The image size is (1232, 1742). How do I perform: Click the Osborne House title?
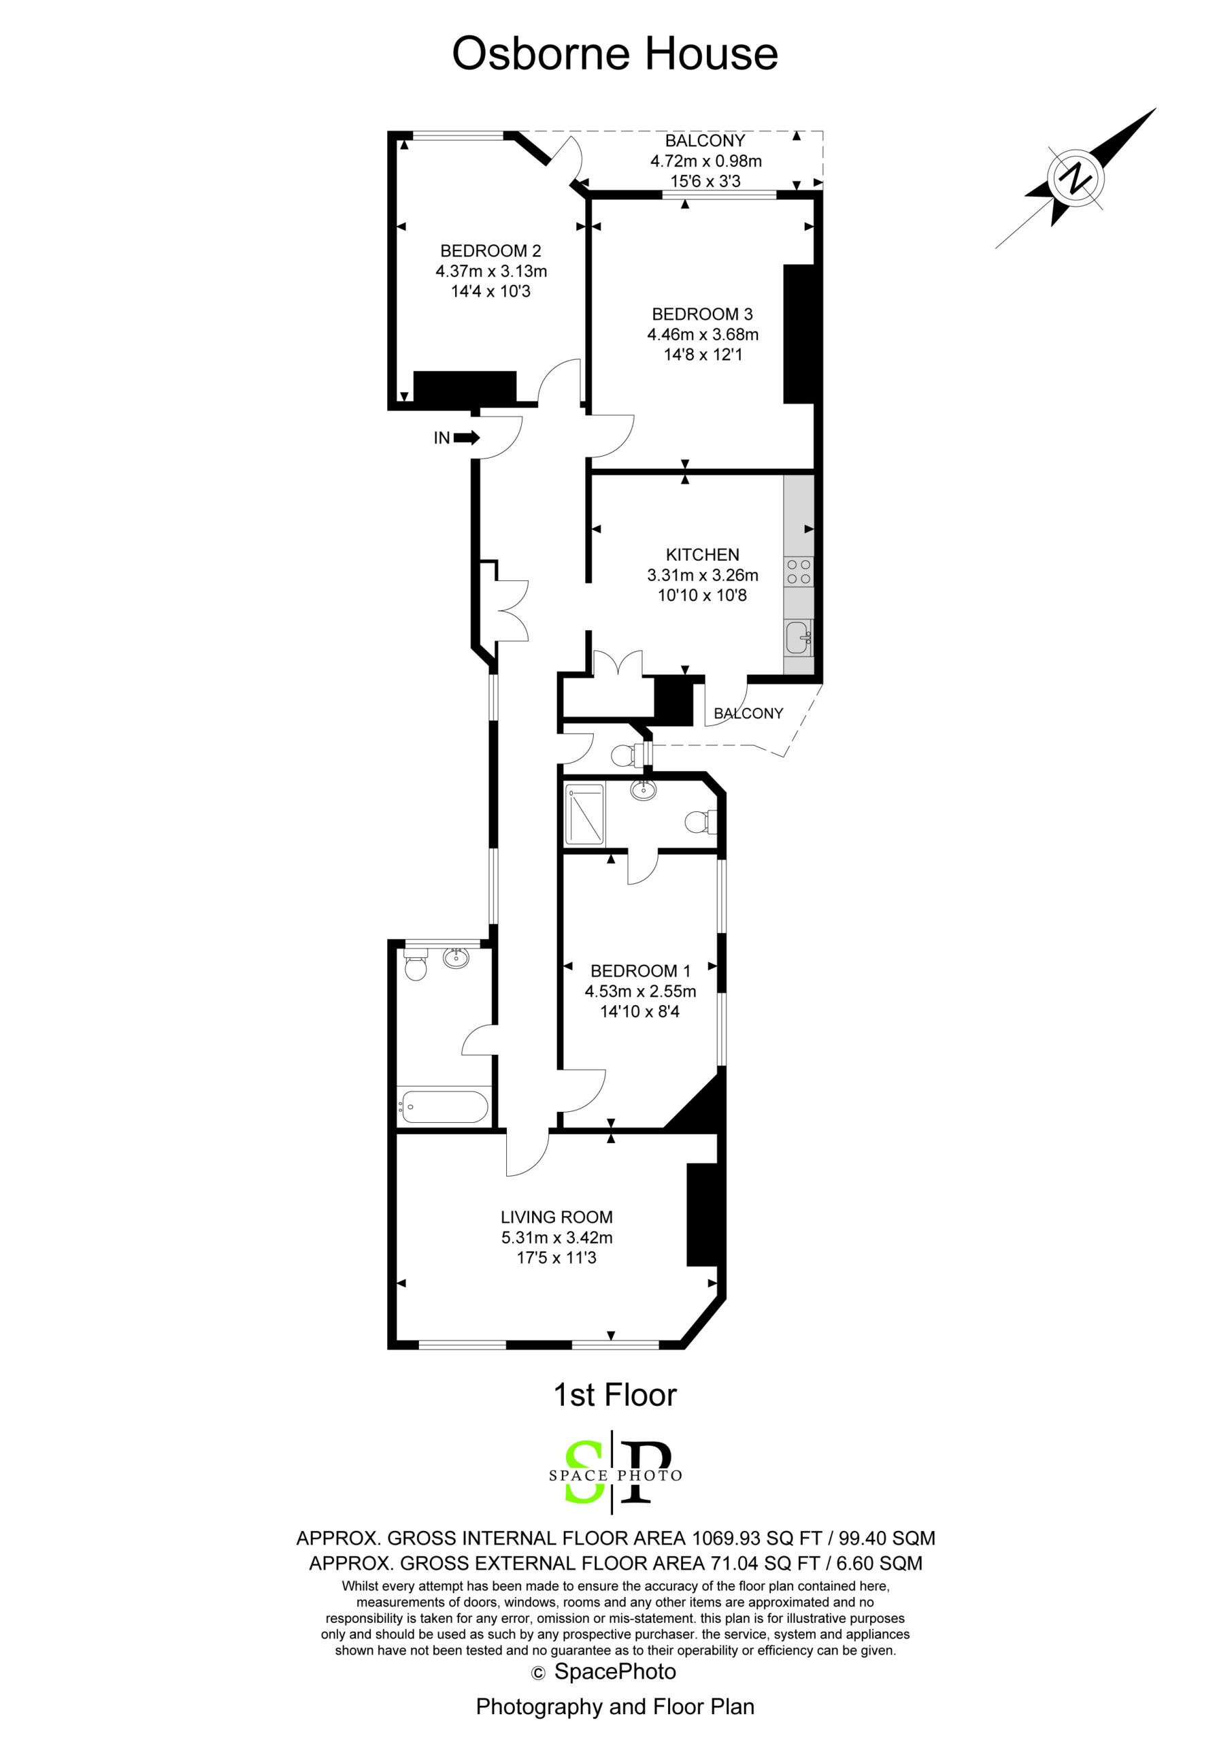pyautogui.click(x=615, y=54)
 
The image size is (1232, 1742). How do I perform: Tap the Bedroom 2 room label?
pyautogui.click(x=491, y=250)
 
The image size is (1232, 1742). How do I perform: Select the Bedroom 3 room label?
pyautogui.click(x=703, y=314)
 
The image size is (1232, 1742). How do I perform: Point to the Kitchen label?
pyautogui.click(x=703, y=555)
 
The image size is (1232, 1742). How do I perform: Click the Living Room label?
pyautogui.click(x=557, y=1217)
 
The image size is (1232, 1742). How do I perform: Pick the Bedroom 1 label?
pyautogui.click(x=640, y=970)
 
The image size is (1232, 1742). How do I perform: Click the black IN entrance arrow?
pyautogui.click(x=467, y=438)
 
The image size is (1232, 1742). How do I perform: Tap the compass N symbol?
pyautogui.click(x=1076, y=179)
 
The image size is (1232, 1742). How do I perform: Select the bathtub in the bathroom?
pyautogui.click(x=444, y=1107)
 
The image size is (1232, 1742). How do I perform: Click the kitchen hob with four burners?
pyautogui.click(x=799, y=572)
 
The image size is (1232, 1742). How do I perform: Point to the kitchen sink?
pyautogui.click(x=798, y=638)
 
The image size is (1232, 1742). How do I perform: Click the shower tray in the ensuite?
pyautogui.click(x=585, y=814)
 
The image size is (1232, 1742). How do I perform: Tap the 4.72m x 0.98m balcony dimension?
pyautogui.click(x=705, y=161)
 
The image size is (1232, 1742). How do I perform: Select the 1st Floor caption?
pyautogui.click(x=615, y=1395)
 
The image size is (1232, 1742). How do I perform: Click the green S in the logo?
pyautogui.click(x=586, y=1472)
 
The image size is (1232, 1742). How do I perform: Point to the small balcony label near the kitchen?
pyautogui.click(x=749, y=713)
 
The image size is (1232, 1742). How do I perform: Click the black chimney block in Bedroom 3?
pyautogui.click(x=798, y=334)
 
